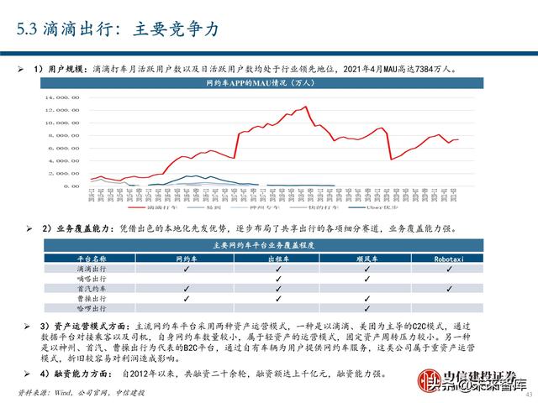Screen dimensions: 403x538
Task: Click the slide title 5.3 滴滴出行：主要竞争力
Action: (x=119, y=29)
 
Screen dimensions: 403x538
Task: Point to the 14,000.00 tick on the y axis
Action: (x=65, y=97)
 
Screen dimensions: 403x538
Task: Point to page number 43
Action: (x=529, y=385)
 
